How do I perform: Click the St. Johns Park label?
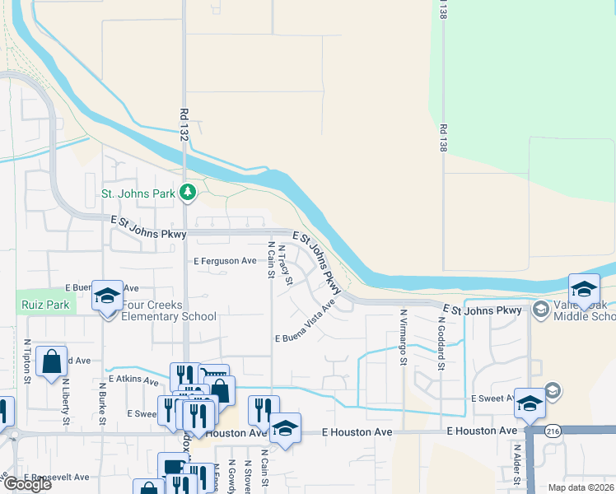[x=138, y=194]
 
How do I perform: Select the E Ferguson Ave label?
[x=226, y=261]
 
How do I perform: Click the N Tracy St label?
[x=286, y=264]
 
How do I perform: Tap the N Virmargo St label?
[x=404, y=328]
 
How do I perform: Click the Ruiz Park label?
[x=37, y=304]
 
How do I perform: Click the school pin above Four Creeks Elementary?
[x=107, y=296]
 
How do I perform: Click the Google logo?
[x=27, y=484]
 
